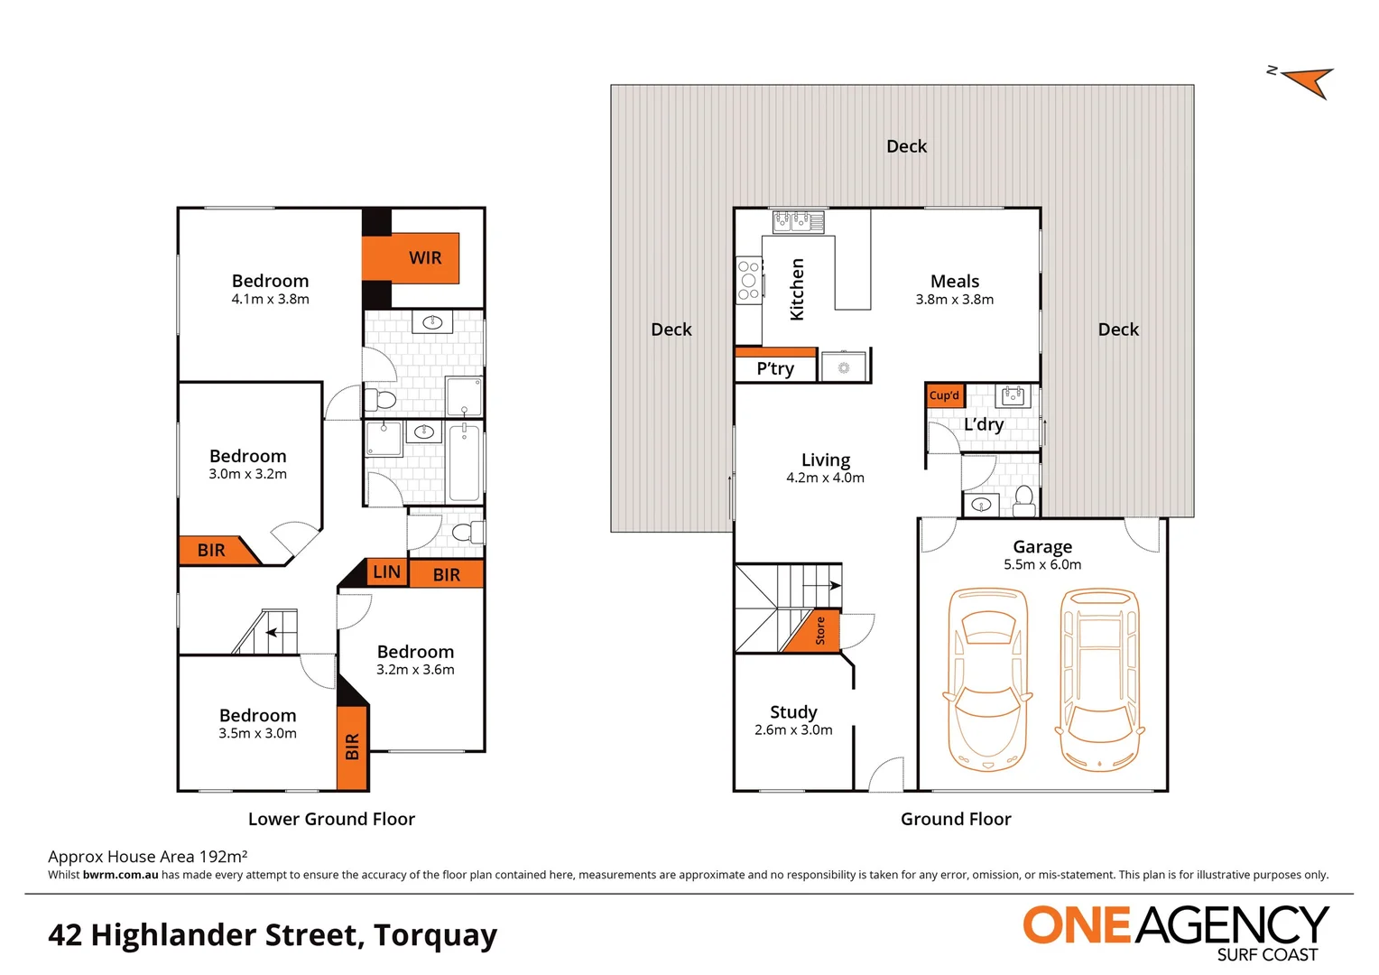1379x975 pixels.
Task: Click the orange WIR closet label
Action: tap(424, 258)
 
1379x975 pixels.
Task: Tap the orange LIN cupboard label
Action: tap(386, 571)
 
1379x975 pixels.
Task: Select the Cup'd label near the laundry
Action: tap(944, 395)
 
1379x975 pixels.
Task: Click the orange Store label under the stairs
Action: tap(819, 630)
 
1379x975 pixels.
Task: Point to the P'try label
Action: tap(775, 368)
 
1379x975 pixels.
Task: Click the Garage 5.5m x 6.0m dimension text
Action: tap(1042, 565)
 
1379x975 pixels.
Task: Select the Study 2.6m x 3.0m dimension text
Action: tap(793, 730)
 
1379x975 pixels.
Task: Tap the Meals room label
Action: tap(955, 282)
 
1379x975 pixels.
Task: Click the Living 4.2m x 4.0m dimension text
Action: tap(825, 478)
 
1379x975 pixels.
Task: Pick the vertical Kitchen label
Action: tap(797, 289)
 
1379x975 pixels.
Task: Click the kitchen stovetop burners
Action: tap(748, 281)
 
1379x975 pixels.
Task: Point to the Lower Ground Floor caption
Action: tap(331, 819)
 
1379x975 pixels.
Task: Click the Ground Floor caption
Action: tap(956, 819)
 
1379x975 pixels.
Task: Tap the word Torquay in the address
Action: tap(435, 935)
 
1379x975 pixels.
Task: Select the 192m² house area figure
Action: tap(223, 856)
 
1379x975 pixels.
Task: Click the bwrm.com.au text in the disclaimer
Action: tap(120, 875)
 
